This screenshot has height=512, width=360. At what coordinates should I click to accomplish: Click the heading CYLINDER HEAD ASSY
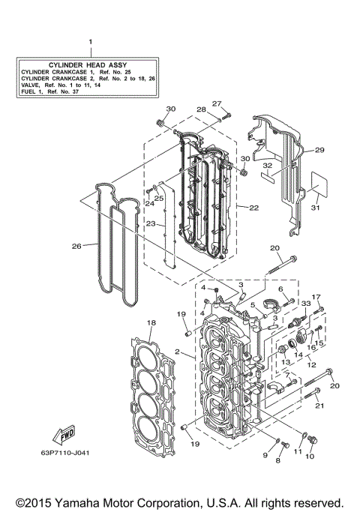click(x=88, y=65)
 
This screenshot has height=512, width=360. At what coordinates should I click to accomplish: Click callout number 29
click(x=319, y=151)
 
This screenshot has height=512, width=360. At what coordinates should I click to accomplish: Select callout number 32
click(x=268, y=165)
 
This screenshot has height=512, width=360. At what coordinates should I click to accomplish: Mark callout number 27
click(x=216, y=103)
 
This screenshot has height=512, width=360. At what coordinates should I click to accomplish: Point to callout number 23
click(x=150, y=223)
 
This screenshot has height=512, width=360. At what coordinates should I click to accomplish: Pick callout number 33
click(x=305, y=303)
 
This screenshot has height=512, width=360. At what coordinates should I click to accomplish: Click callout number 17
click(x=316, y=297)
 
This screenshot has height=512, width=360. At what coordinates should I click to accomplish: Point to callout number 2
click(x=177, y=351)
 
